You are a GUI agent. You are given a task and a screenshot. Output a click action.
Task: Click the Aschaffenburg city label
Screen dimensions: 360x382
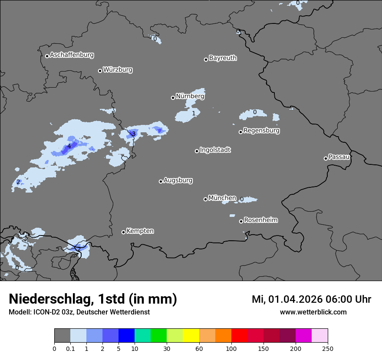[72, 55]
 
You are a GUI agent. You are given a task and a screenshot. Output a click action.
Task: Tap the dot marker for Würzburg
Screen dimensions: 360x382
[100, 71]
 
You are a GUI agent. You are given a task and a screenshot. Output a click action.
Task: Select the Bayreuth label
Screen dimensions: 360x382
[223, 58]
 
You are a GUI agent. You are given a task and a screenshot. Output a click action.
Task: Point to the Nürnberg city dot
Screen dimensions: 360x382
[173, 98]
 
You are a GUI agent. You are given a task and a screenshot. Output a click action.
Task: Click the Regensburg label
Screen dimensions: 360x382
[261, 130]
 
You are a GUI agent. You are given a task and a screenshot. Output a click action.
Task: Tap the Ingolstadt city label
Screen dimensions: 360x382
[215, 150]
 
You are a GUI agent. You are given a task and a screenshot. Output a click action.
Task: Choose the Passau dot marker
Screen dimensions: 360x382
[326, 158]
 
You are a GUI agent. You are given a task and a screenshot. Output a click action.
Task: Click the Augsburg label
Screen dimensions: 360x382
[178, 180]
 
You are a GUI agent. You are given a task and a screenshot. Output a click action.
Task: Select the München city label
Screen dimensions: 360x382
[222, 198]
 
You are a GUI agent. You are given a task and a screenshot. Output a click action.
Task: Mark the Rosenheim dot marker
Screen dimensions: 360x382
[241, 222]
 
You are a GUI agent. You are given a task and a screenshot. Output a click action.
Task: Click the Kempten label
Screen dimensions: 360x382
[140, 231]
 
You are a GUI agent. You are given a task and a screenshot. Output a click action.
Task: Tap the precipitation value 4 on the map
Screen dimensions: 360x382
[69, 146]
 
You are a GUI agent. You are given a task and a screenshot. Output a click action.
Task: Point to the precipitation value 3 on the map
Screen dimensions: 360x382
[134, 134]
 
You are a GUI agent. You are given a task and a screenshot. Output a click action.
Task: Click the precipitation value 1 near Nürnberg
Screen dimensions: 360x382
[194, 113]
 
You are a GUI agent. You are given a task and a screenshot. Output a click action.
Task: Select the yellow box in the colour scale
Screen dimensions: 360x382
[191, 336]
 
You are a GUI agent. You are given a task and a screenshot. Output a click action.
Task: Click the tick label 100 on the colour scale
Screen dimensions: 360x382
[231, 349]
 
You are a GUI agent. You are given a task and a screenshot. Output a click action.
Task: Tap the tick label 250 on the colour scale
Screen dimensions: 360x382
[328, 349]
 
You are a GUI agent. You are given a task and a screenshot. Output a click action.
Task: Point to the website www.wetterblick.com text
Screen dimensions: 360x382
[313, 312]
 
